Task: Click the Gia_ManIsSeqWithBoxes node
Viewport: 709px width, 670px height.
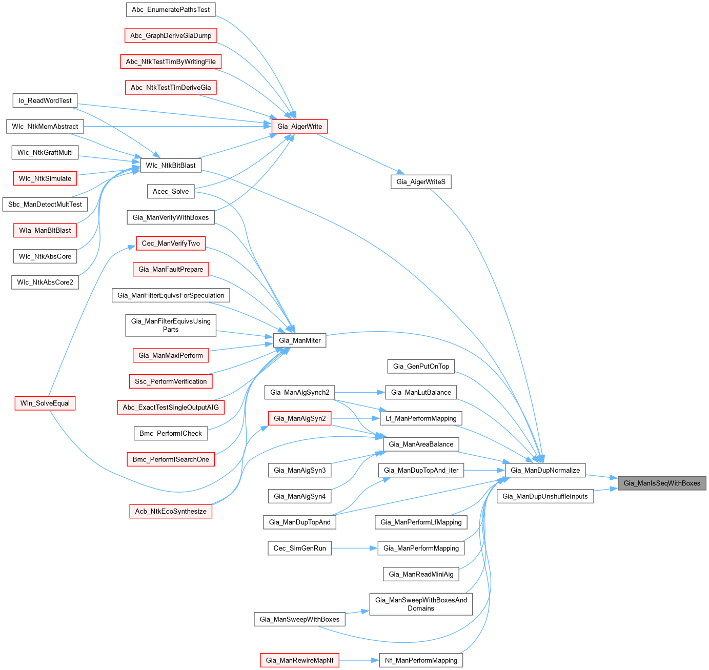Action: [x=662, y=483]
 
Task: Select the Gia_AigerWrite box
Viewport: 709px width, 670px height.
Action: [x=299, y=127]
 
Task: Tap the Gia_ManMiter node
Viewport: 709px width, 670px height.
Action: [x=300, y=340]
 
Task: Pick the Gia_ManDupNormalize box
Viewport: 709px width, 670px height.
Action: [x=545, y=470]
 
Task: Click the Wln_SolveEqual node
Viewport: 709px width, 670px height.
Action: [x=45, y=403]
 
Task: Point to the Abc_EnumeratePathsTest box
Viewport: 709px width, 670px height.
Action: [x=171, y=10]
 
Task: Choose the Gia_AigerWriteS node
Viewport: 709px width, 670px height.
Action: [x=421, y=182]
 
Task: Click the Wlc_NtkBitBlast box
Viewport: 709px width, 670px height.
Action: [x=171, y=166]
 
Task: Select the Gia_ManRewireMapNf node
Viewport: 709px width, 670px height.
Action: [x=299, y=660]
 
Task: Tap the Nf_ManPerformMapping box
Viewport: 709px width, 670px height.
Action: [x=421, y=660]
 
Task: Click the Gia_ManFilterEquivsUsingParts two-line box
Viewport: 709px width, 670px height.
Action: [x=171, y=326]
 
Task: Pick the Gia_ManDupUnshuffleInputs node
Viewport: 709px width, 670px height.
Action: [x=545, y=496]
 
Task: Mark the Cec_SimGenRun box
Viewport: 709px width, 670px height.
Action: [x=299, y=549]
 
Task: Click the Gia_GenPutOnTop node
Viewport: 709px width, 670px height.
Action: [x=421, y=367]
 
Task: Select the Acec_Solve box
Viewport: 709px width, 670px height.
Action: [x=171, y=192]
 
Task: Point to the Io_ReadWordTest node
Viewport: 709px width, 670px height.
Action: [x=45, y=100]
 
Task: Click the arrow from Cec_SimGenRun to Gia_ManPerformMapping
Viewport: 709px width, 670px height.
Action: [x=354, y=549]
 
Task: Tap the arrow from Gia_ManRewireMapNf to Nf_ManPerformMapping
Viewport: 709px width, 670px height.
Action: [x=359, y=660]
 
